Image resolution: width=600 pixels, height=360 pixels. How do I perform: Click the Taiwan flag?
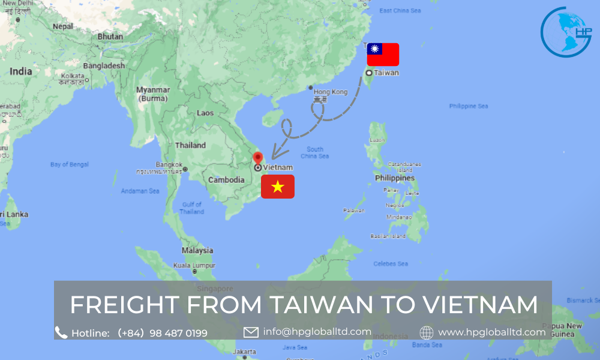click(383, 55)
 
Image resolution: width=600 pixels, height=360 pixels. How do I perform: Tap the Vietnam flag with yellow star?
click(277, 187)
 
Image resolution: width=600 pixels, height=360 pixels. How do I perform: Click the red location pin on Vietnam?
click(258, 158)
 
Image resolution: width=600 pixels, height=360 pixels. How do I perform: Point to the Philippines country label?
click(395, 178)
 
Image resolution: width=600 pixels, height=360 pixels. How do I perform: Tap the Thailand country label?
click(190, 145)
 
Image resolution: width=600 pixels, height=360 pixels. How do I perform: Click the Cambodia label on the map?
click(226, 180)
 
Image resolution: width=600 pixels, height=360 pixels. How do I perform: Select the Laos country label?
click(205, 113)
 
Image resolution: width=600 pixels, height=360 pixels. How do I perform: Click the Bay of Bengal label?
click(70, 164)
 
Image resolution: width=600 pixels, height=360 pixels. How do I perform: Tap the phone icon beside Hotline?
click(61, 332)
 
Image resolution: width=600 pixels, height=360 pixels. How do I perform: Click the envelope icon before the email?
click(251, 332)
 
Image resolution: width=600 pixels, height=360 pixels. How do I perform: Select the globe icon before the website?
click(427, 332)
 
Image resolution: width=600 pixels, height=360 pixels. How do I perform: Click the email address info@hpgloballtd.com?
click(317, 331)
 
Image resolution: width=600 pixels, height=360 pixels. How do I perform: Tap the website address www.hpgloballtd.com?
click(491, 332)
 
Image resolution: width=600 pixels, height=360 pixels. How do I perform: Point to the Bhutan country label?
click(110, 37)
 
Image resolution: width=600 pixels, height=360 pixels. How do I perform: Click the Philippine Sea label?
click(469, 106)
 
